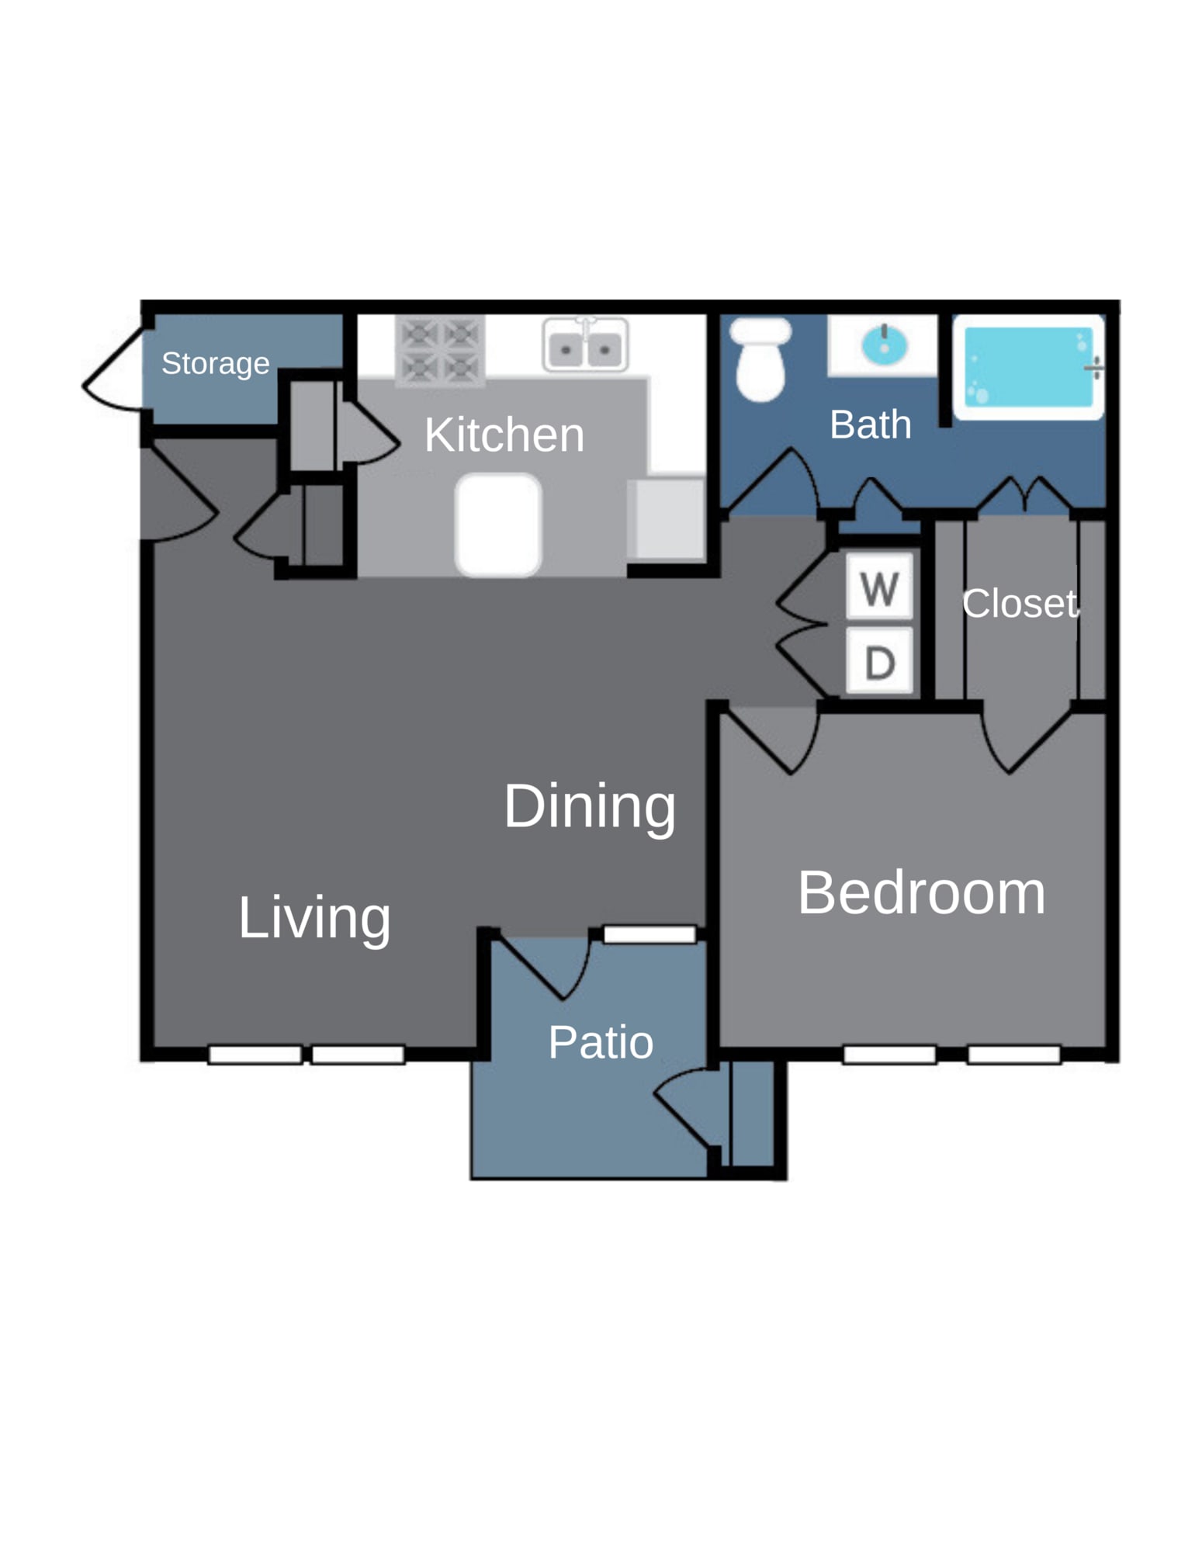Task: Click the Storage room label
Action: point(215,363)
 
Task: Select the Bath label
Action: point(870,424)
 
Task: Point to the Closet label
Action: point(1019,603)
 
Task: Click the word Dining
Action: point(589,808)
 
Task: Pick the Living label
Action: point(313,919)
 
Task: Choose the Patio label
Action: point(600,1041)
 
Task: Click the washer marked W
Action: point(879,587)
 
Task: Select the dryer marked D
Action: point(879,660)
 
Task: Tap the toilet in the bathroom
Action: point(760,359)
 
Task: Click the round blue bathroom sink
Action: point(884,345)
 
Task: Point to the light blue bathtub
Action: point(1028,367)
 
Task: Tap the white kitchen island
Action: point(497,525)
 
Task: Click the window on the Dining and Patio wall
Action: point(649,934)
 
